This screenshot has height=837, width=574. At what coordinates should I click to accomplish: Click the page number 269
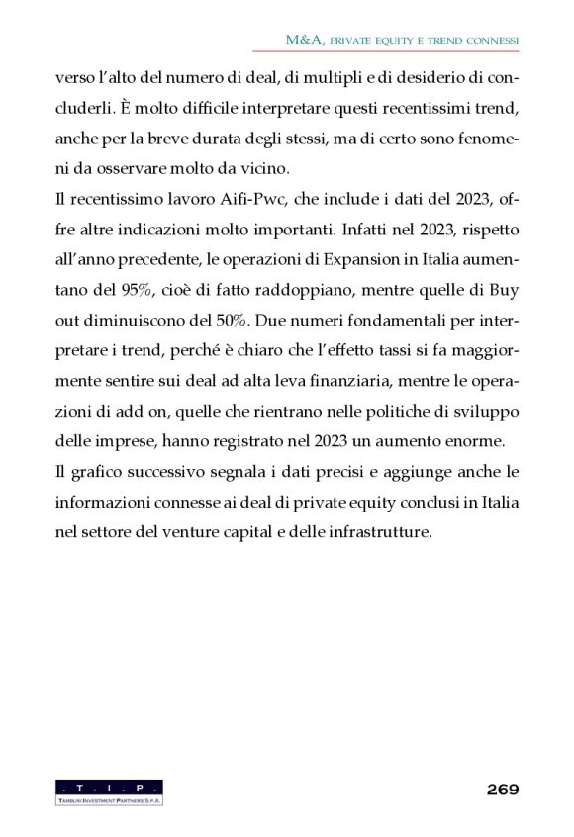pyautogui.click(x=502, y=789)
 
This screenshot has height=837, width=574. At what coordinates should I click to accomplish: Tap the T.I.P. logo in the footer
pyautogui.click(x=109, y=791)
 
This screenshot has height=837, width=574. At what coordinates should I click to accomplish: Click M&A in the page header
pyautogui.click(x=302, y=41)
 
